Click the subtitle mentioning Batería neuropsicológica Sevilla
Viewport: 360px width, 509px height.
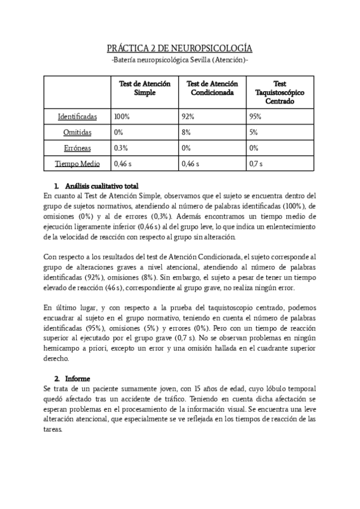coord(180,61)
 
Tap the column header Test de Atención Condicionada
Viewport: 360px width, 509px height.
coord(212,89)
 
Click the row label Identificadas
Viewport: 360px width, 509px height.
coord(77,116)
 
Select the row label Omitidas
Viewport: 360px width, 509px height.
coord(77,132)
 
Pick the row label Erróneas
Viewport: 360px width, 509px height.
coord(77,148)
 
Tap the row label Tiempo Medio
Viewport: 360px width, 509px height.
coord(77,163)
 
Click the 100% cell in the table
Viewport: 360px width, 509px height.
coord(122,116)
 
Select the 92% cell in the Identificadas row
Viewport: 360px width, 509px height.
coord(188,116)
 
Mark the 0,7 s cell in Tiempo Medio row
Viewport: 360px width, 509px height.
coord(256,163)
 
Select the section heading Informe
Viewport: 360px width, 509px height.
coord(77,379)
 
